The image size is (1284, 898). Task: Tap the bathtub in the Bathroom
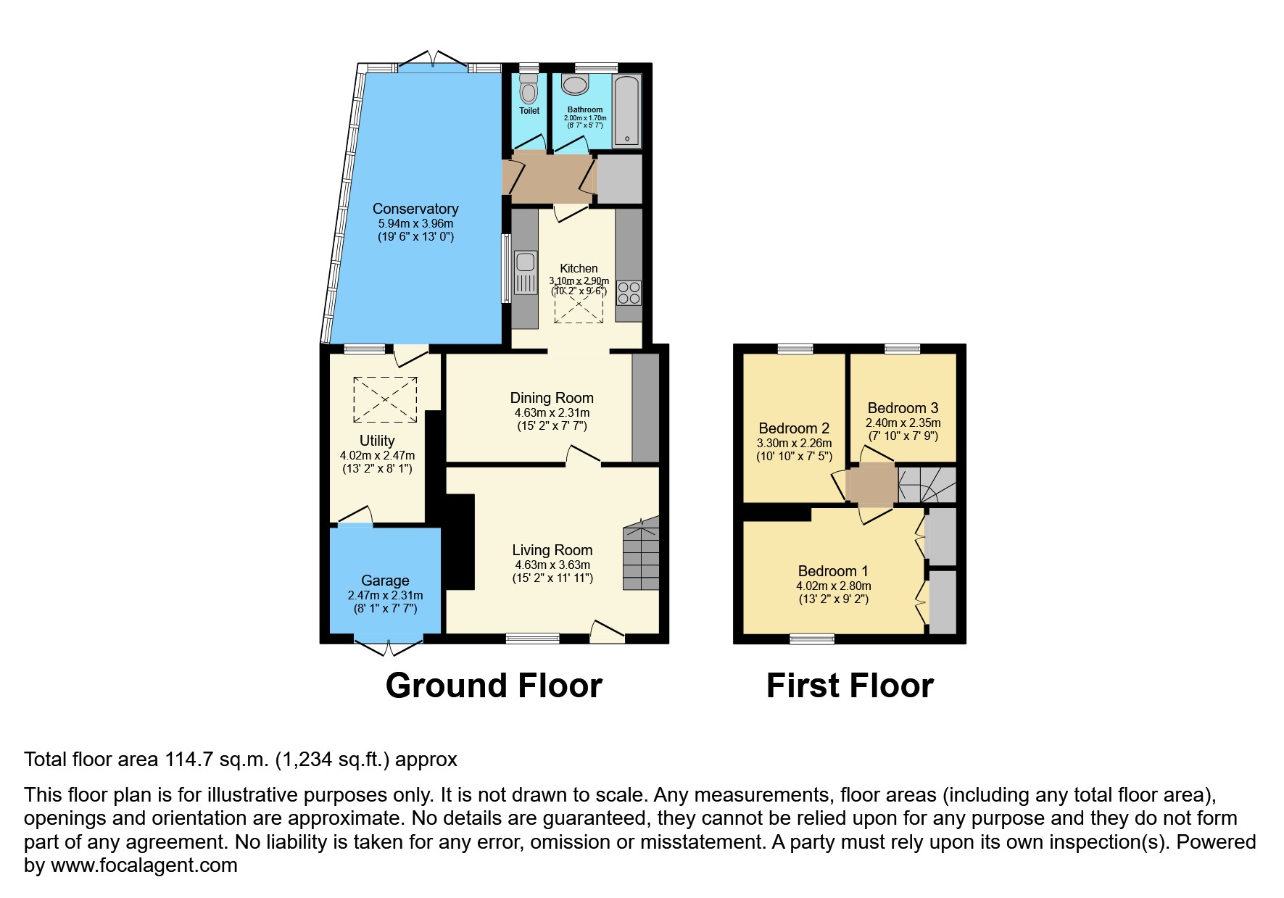click(626, 110)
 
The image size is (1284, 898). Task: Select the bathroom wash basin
click(577, 85)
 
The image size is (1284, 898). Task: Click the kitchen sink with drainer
click(526, 273)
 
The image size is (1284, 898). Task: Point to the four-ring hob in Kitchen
click(629, 293)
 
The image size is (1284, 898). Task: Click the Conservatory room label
click(415, 209)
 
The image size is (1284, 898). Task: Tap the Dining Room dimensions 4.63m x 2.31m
click(552, 412)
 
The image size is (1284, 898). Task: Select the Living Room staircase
click(641, 554)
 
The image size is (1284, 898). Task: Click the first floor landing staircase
click(927, 485)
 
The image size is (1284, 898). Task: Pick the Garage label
click(385, 581)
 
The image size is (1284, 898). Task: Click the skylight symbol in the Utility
click(384, 399)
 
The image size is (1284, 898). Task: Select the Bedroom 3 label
click(903, 408)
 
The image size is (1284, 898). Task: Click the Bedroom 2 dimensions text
click(794, 444)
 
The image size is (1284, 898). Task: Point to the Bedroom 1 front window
click(811, 639)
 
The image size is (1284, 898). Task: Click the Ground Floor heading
click(494, 685)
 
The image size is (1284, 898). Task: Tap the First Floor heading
click(850, 685)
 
